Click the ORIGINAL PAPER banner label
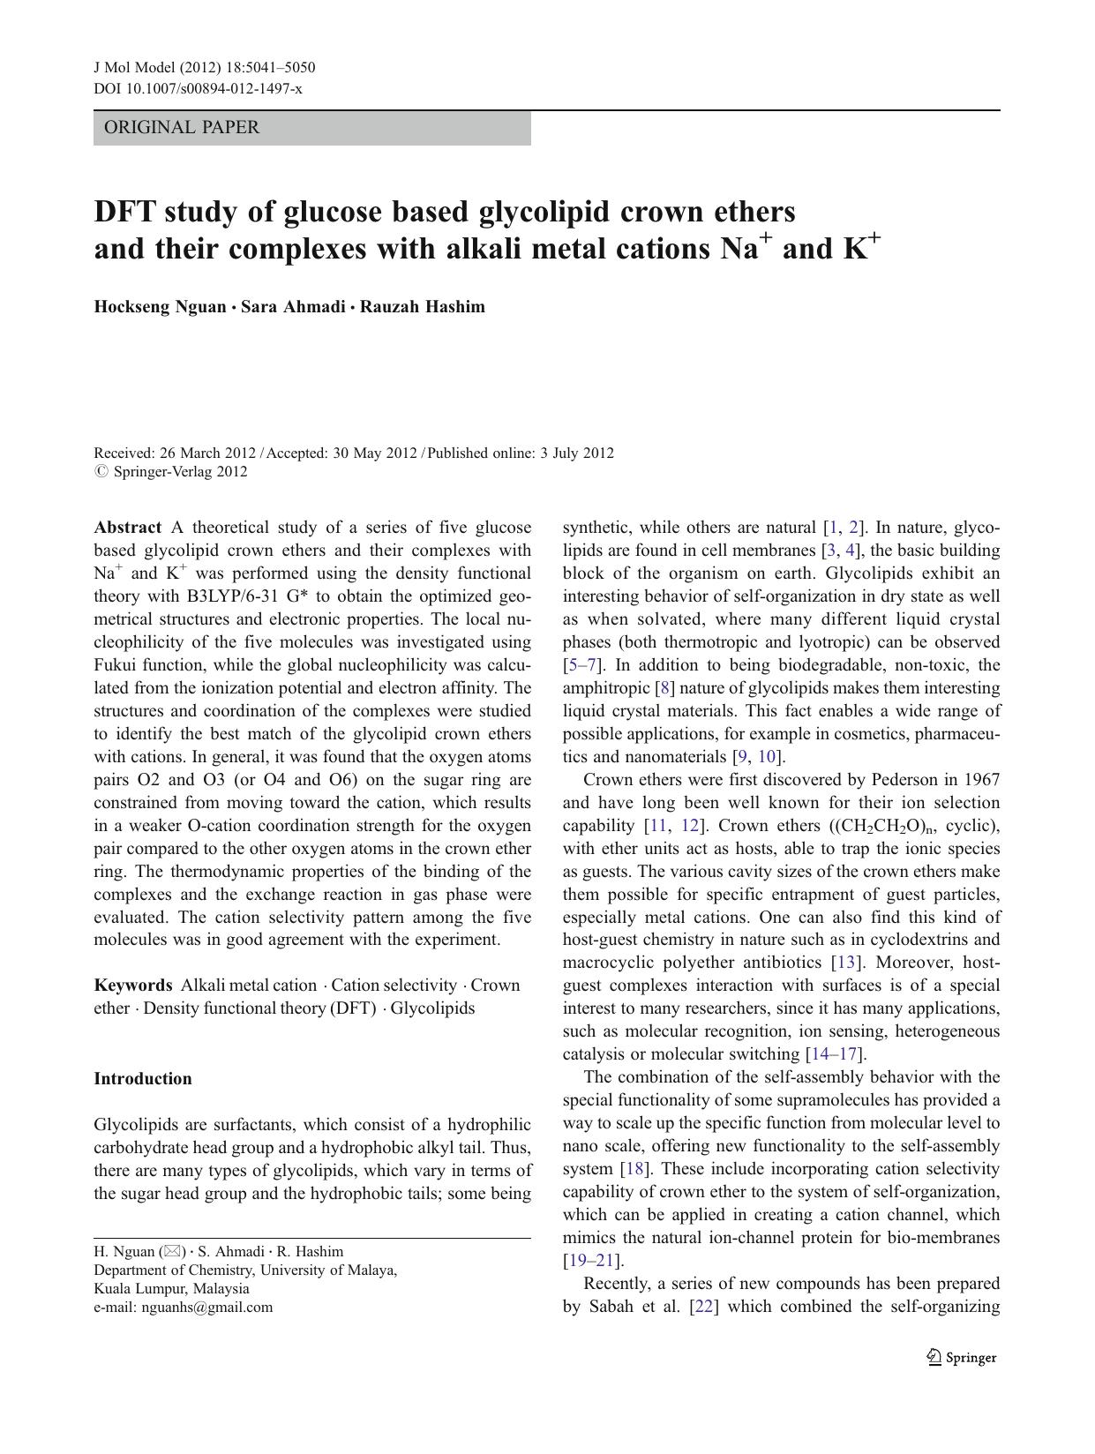tap(182, 128)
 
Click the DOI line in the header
tap(198, 88)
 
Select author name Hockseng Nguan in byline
tap(160, 307)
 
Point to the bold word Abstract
tap(128, 528)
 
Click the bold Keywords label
tap(133, 986)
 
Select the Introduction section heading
tap(143, 1079)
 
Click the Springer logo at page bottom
tap(962, 1358)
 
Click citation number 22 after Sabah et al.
tap(703, 1307)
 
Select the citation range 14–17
tap(834, 1054)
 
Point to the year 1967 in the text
tap(981, 780)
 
